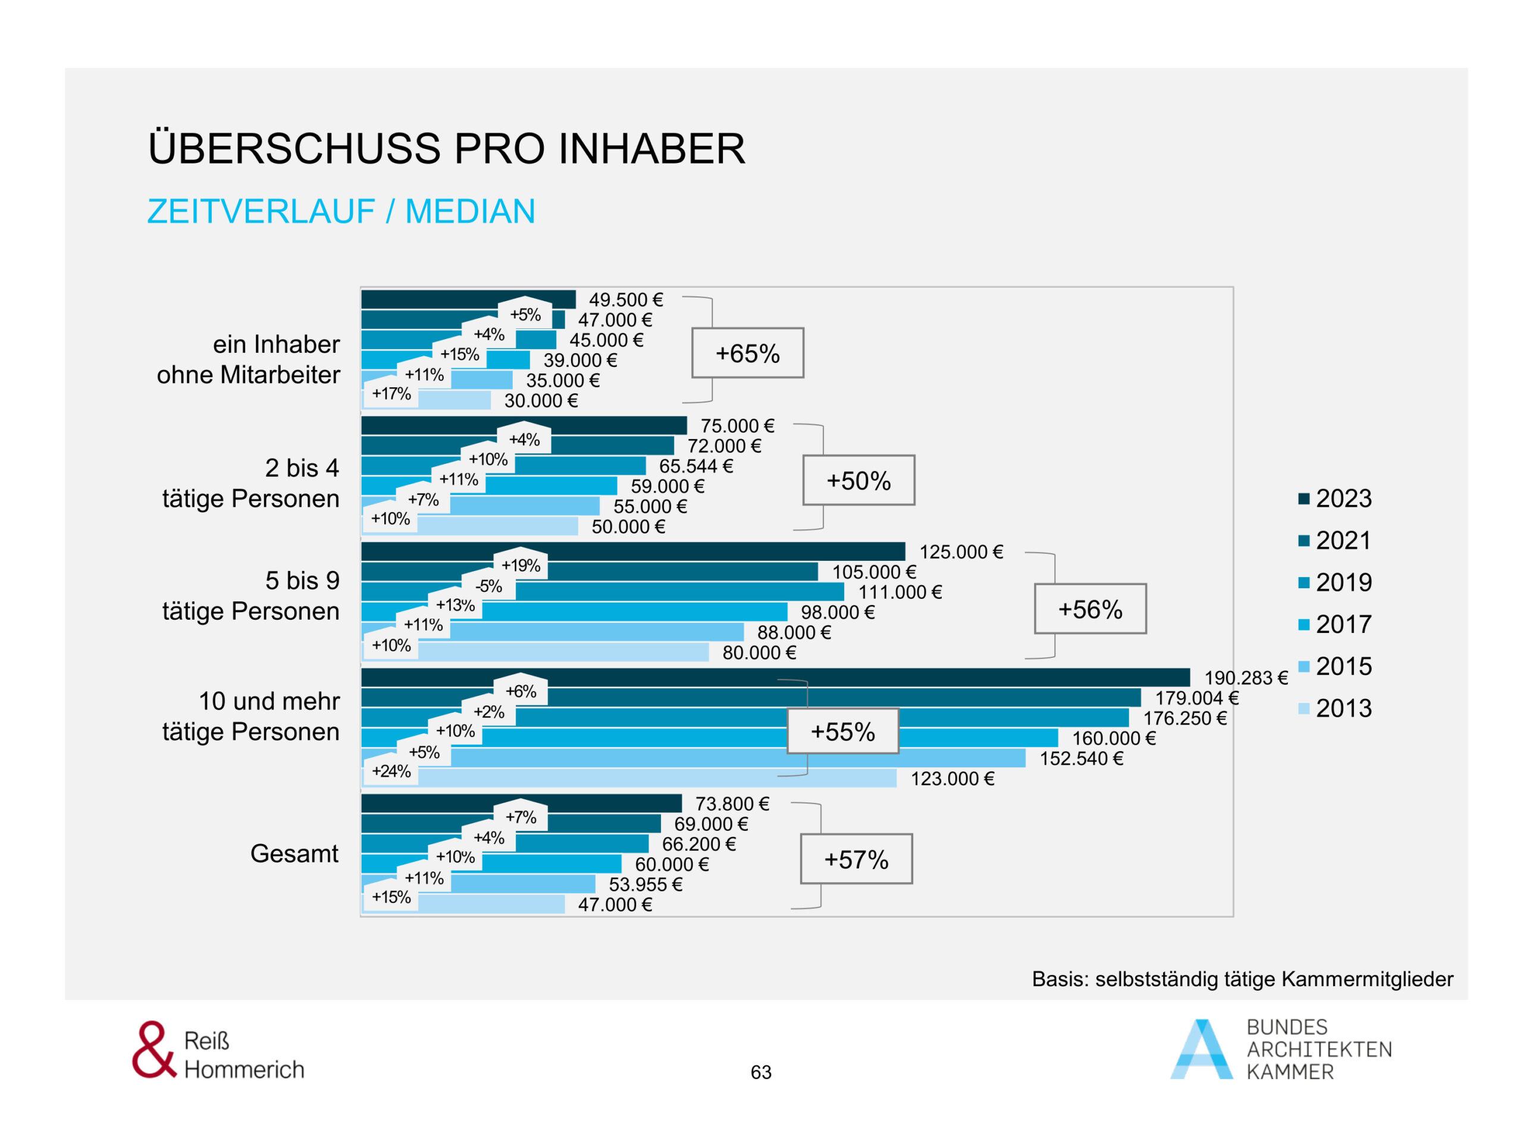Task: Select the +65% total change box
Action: (x=748, y=353)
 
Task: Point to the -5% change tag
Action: (x=489, y=586)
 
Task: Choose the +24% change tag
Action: (x=391, y=771)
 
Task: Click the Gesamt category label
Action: (x=294, y=854)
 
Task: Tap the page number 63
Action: (x=761, y=1072)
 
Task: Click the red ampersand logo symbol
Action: (x=153, y=1049)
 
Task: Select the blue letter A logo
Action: (x=1202, y=1049)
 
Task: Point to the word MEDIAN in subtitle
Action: (x=470, y=211)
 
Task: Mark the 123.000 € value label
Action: (x=952, y=779)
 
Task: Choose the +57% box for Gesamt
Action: (x=856, y=859)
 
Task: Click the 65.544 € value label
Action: (x=695, y=466)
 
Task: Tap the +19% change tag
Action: (x=521, y=566)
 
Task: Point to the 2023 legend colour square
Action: (x=1303, y=498)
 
